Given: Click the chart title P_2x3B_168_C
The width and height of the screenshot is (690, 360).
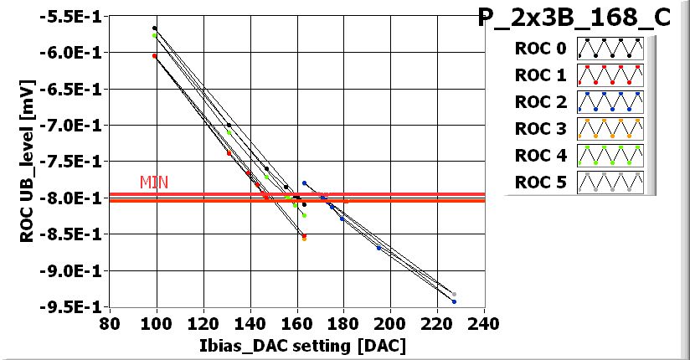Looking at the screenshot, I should [574, 18].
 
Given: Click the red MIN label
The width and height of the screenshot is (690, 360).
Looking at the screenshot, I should [153, 182].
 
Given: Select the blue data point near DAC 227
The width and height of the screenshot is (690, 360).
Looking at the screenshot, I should [454, 301].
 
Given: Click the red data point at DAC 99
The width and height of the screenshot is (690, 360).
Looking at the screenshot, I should [155, 56].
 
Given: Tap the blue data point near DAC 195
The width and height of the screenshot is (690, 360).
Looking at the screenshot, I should [379, 248].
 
